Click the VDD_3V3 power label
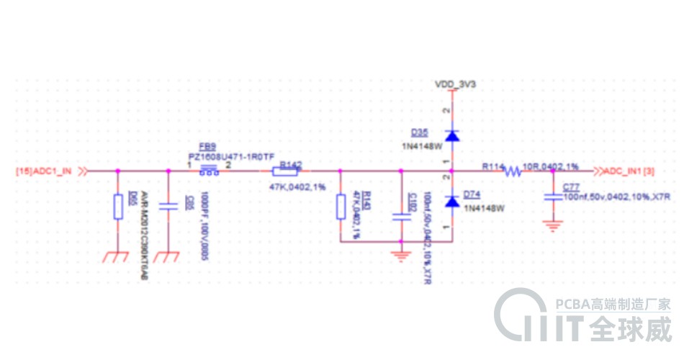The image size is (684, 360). point(455,84)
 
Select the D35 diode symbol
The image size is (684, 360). point(451,135)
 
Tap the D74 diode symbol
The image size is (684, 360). point(451,201)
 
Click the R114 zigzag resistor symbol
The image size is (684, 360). point(513,171)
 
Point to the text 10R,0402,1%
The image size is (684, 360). point(551,166)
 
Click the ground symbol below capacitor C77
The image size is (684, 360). point(553,225)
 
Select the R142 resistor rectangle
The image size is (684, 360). point(286,171)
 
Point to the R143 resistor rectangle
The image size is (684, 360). point(341,208)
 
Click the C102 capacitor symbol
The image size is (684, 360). point(400,215)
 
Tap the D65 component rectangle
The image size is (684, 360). point(118,207)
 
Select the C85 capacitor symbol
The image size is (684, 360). point(168,207)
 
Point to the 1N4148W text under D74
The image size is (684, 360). point(484,208)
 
